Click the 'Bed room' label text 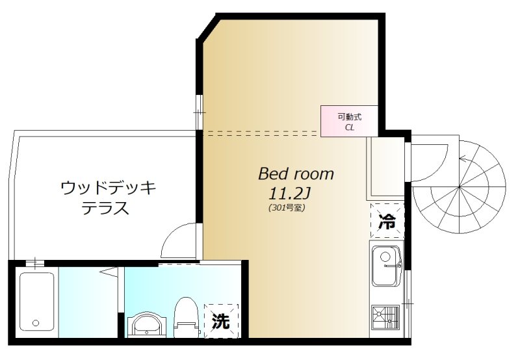pyautogui.click(x=296, y=174)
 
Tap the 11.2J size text pyautogui.click(x=287, y=194)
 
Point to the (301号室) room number pyautogui.click(x=286, y=209)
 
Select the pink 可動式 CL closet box pyautogui.click(x=349, y=122)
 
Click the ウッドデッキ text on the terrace pyautogui.click(x=108, y=189)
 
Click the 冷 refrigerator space pyautogui.click(x=386, y=221)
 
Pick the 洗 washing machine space pyautogui.click(x=221, y=321)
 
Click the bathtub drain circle pyautogui.click(x=36, y=323)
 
